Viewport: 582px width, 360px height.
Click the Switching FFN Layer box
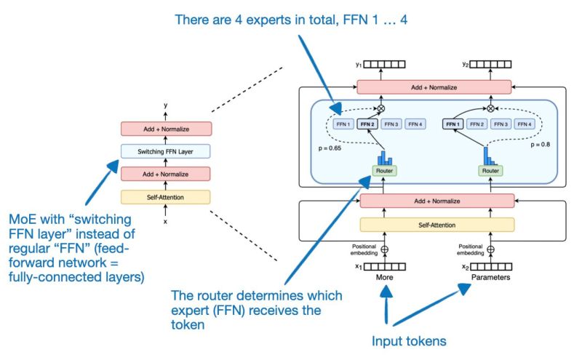(x=166, y=151)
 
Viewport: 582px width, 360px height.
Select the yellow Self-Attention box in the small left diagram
(x=166, y=196)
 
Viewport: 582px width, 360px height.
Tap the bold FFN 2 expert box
(x=367, y=124)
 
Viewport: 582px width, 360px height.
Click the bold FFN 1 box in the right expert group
(x=453, y=124)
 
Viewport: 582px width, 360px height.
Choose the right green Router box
(x=490, y=172)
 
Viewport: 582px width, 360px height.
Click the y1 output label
(x=358, y=65)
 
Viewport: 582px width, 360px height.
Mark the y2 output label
(x=464, y=65)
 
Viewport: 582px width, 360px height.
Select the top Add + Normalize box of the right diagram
(x=435, y=87)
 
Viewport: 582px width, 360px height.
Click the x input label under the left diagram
(x=166, y=221)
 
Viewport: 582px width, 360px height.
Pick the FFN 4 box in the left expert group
(x=415, y=124)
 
